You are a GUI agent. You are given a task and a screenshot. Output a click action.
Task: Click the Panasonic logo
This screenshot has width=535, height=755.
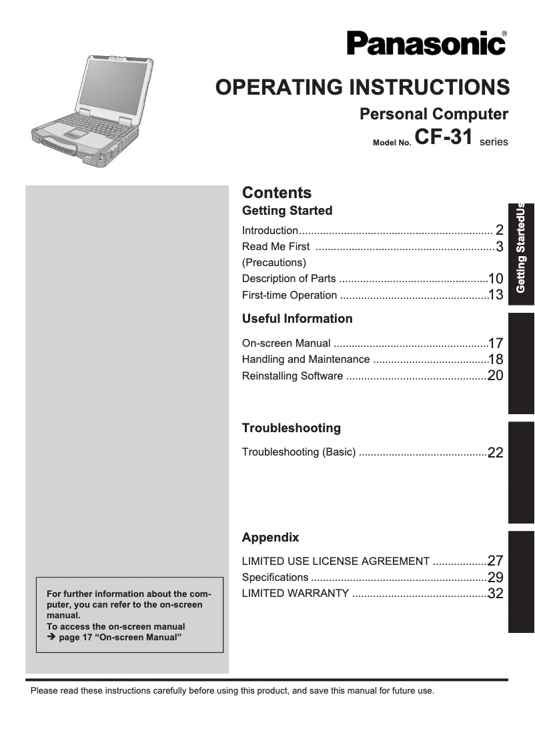(426, 44)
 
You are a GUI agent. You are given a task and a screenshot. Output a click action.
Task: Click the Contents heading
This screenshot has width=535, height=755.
(276, 193)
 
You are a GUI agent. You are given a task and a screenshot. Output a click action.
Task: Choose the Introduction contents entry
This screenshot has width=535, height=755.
(270, 231)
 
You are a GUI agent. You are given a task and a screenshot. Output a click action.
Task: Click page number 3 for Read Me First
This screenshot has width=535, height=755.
(498, 247)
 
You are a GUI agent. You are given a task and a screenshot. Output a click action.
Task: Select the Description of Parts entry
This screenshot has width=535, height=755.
(289, 279)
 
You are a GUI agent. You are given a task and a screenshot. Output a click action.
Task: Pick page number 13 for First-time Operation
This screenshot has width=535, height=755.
(495, 295)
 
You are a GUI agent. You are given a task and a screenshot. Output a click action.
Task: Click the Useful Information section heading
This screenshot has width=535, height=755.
(297, 319)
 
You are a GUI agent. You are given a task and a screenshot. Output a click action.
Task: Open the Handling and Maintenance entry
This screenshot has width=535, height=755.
(306, 359)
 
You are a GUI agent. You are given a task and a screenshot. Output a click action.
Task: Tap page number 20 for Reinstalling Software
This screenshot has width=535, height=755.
(495, 375)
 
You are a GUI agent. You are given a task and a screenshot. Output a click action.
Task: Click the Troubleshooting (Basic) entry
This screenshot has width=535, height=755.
(298, 452)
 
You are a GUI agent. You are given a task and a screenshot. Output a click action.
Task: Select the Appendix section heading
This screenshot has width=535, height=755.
(270, 538)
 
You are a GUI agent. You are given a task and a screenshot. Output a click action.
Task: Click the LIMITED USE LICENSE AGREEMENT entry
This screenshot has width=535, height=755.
(336, 562)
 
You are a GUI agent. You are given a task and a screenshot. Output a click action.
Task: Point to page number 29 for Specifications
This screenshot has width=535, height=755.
(495, 578)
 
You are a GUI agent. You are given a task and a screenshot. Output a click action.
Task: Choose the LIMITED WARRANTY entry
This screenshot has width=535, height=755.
(295, 594)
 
